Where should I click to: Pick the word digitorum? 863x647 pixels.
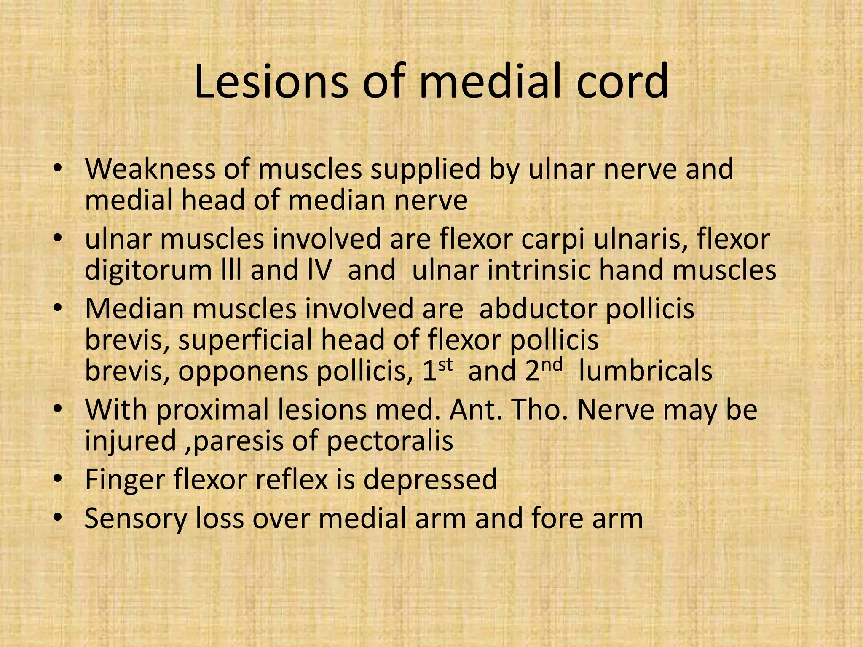148,270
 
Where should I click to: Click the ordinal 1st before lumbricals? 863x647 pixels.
437,370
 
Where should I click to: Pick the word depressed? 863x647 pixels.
430,480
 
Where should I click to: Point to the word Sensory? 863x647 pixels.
135,519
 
